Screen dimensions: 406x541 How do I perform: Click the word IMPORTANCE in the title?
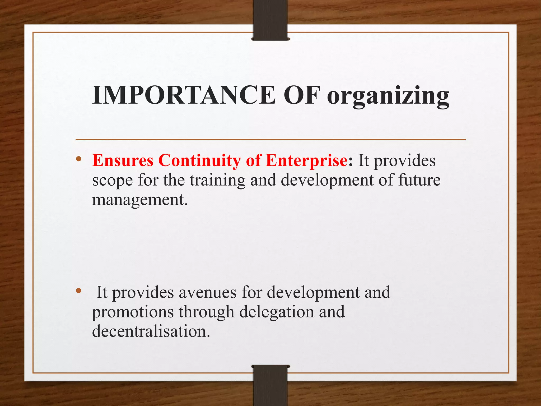tap(184, 95)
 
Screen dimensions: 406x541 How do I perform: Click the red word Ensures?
tap(123, 160)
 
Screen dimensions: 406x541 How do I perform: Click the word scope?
tap(112, 181)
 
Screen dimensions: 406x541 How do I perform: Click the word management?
tap(139, 200)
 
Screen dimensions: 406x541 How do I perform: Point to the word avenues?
tap(207, 292)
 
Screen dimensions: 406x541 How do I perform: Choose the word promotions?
tap(133, 312)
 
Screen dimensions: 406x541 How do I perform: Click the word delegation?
tap(276, 312)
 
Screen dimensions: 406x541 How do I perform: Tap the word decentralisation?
tap(151, 331)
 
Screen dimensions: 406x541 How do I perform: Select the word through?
tap(207, 312)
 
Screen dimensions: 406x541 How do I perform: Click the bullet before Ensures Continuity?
tap(78, 159)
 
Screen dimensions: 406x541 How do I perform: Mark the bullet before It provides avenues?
tap(78, 291)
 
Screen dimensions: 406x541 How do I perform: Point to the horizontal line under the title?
tap(270, 139)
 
